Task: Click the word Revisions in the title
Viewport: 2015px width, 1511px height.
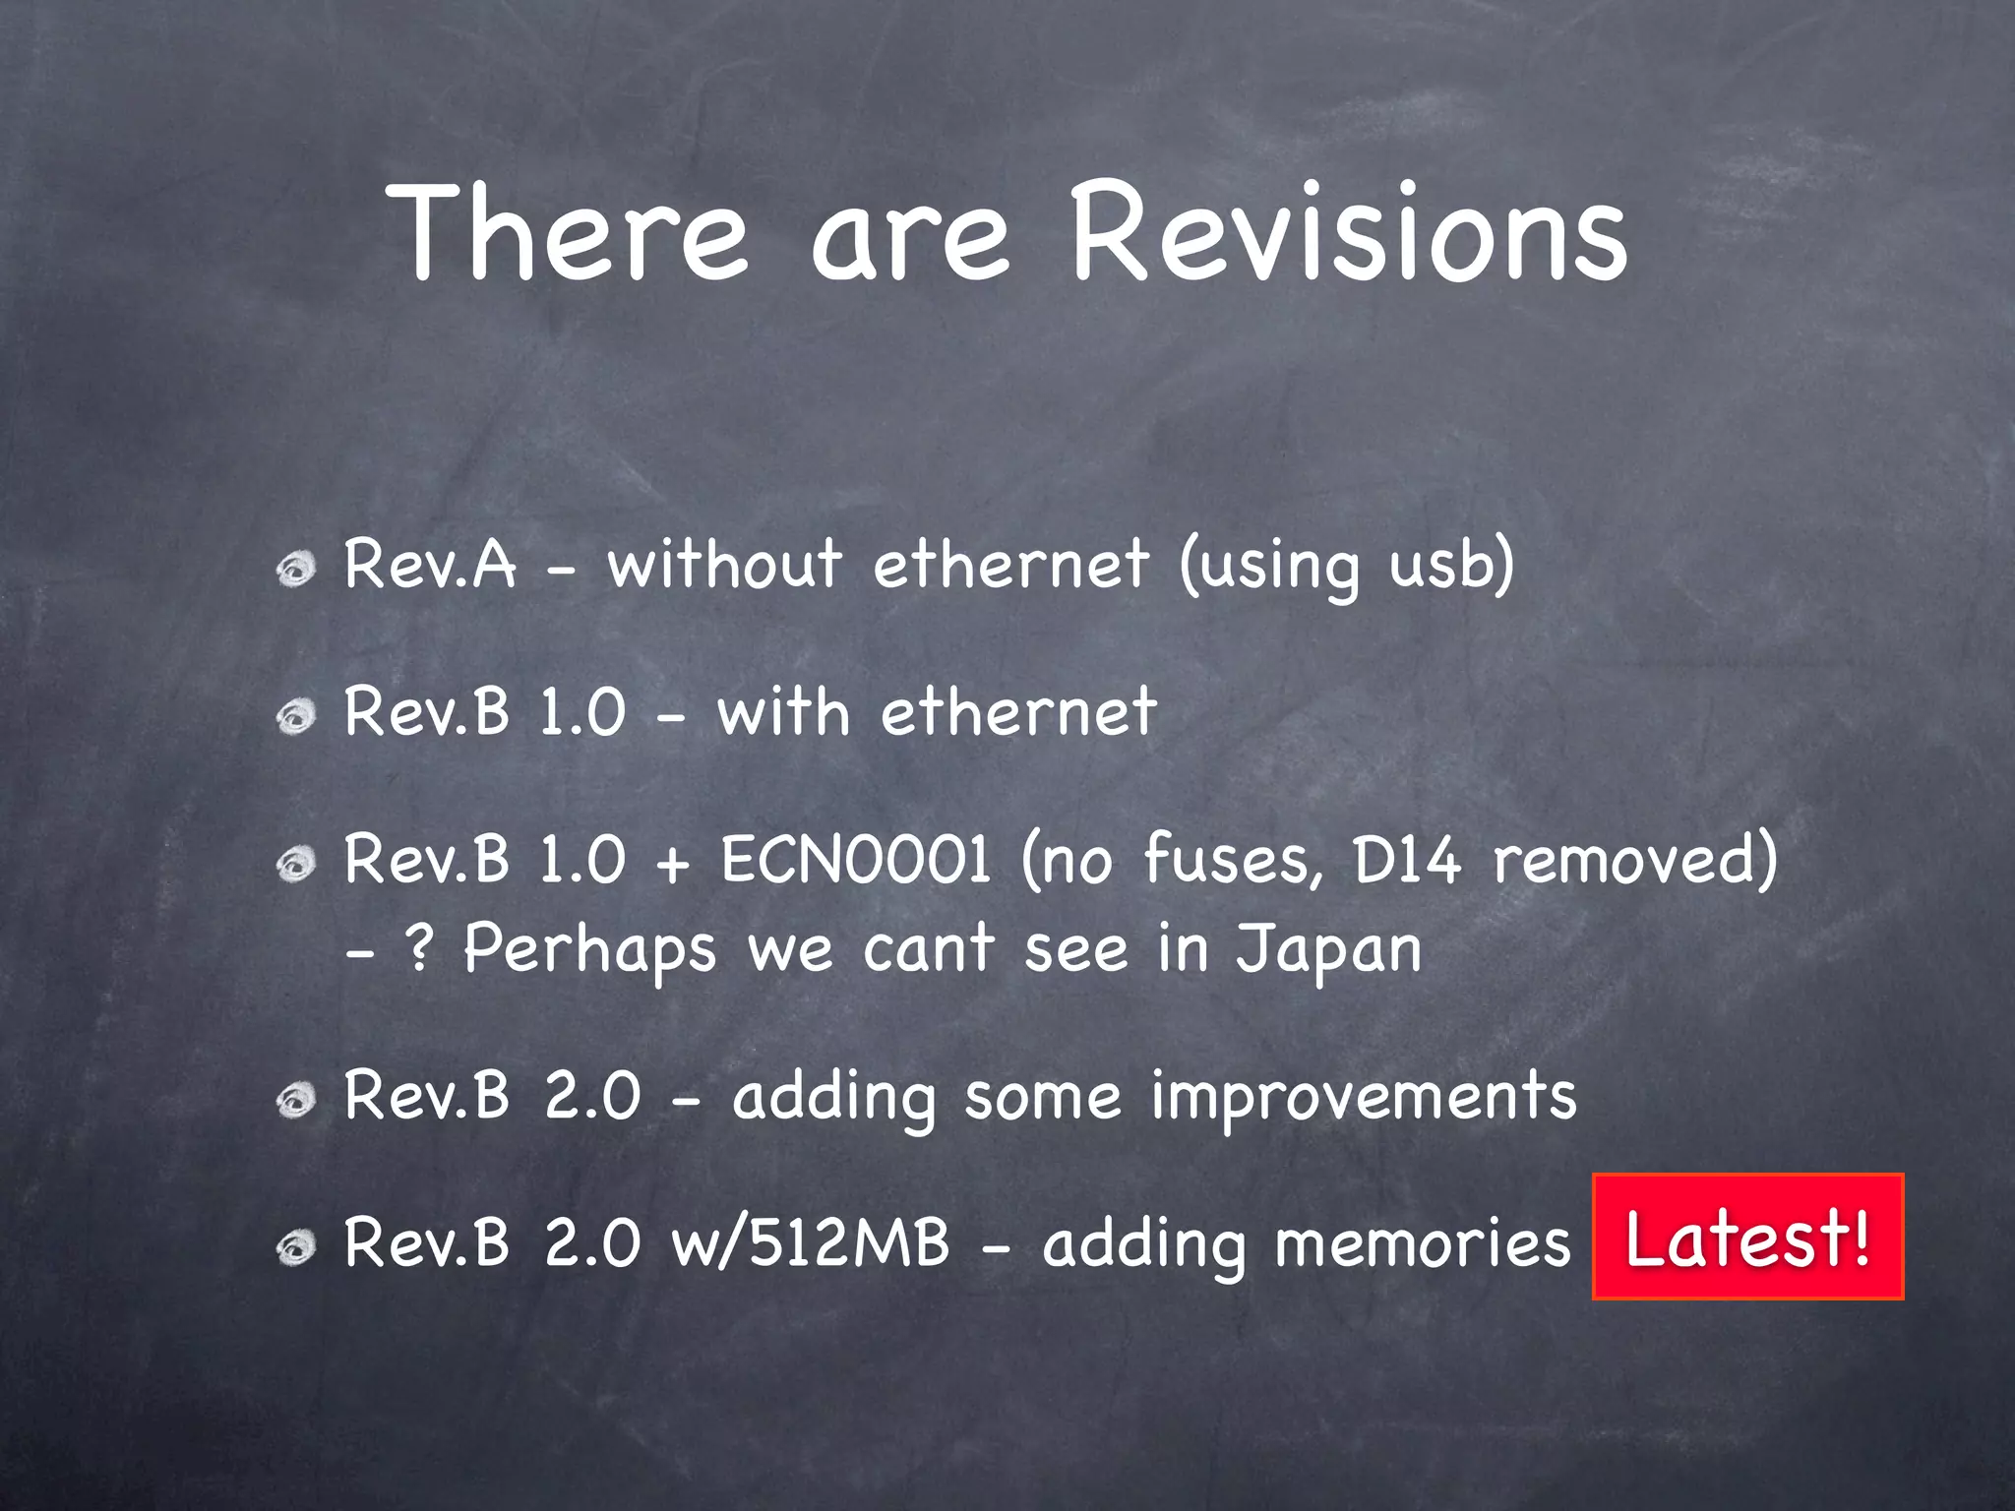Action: [1348, 234]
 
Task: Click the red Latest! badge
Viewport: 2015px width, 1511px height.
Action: [1747, 1237]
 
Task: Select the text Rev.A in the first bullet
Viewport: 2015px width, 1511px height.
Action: [430, 565]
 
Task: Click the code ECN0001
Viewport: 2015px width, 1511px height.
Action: [855, 859]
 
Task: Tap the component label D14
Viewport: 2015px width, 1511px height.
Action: [1407, 859]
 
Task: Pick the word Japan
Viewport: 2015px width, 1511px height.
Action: [1328, 949]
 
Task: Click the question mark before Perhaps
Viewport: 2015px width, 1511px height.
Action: [420, 949]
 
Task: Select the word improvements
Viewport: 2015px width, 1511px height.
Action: [1364, 1097]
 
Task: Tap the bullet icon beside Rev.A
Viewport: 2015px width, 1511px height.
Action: [295, 569]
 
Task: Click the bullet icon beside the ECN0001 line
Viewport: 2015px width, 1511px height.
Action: [295, 865]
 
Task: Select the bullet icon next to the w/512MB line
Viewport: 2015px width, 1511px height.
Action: [295, 1248]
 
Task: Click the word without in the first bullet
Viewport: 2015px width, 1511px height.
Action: [724, 565]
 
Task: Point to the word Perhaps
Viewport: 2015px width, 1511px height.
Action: [589, 949]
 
